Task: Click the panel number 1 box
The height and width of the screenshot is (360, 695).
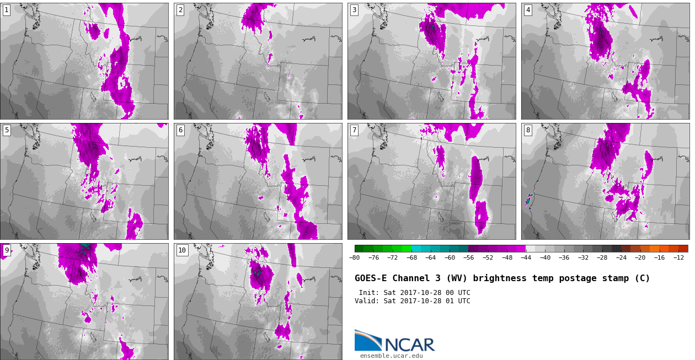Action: (7, 10)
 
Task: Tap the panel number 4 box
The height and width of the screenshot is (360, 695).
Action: (528, 10)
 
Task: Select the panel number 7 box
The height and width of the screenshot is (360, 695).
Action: (354, 131)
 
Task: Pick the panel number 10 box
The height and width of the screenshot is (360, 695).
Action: (182, 250)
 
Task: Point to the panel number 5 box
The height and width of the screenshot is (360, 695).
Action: (7, 131)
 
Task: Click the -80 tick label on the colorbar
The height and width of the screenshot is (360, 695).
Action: (354, 257)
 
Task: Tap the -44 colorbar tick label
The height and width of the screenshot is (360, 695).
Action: (526, 257)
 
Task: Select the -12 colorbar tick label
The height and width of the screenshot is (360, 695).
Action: (678, 257)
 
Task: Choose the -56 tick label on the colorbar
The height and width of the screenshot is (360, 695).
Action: (468, 257)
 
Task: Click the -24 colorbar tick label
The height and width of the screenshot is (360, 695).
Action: (621, 257)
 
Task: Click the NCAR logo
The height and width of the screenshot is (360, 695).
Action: (394, 341)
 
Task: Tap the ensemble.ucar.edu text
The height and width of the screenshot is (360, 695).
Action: (391, 356)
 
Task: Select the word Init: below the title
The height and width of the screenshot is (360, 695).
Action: (369, 293)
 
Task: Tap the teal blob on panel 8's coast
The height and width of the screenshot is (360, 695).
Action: (528, 200)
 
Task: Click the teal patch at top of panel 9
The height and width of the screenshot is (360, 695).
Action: (85, 247)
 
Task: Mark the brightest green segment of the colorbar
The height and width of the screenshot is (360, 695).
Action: (407, 249)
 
